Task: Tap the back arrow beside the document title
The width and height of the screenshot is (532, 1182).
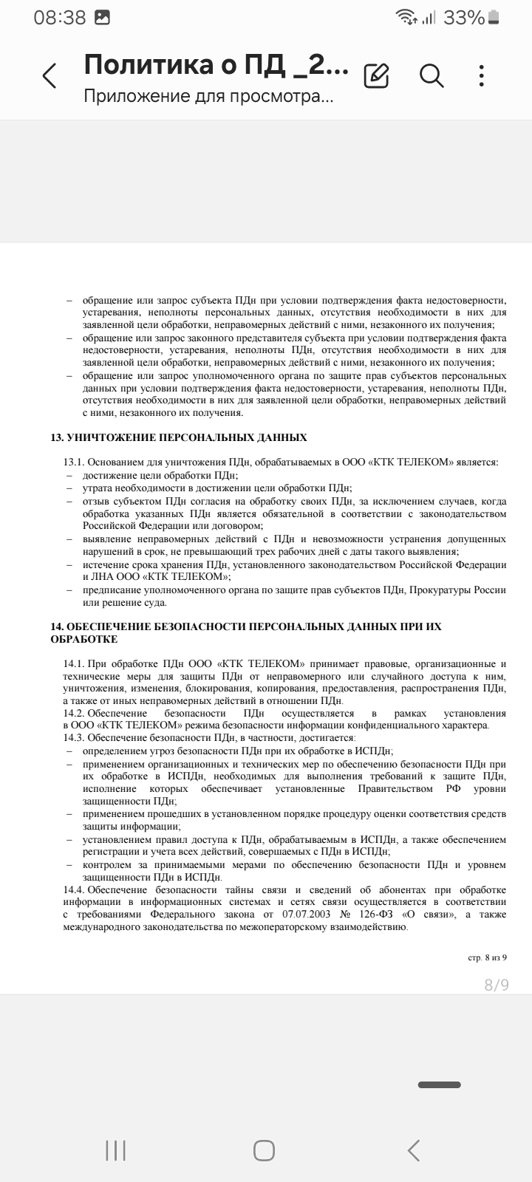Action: [x=50, y=75]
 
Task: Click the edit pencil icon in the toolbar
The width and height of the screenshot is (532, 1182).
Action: [x=377, y=75]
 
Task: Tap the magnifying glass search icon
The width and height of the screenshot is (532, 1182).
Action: [x=431, y=75]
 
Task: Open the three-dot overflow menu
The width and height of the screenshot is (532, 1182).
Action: [x=482, y=75]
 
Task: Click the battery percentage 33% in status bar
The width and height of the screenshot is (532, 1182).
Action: [x=463, y=18]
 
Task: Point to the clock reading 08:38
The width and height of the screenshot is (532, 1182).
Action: [x=60, y=18]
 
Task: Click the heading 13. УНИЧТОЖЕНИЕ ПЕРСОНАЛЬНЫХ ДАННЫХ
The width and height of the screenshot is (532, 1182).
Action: [x=179, y=438]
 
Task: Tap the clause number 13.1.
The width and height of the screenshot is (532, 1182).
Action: [x=75, y=462]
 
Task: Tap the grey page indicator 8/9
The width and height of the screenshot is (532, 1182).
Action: [x=496, y=984]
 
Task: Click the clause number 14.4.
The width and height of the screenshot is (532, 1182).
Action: [x=75, y=889]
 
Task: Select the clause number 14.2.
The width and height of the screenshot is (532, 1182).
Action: [x=75, y=713]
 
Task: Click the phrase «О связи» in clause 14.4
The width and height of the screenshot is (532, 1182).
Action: [x=429, y=915]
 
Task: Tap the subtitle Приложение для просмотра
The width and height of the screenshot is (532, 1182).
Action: [x=208, y=97]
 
